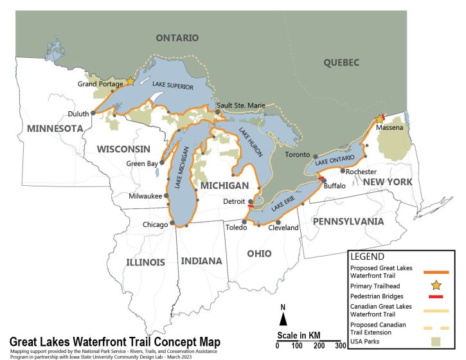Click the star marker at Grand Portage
[130, 82]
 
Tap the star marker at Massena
[379, 119]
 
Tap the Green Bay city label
[141, 163]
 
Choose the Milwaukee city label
[145, 195]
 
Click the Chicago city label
[155, 224]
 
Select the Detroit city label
[234, 202]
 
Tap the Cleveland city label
[283, 228]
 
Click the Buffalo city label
[335, 186]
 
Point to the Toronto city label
[297, 156]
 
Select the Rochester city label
[361, 172]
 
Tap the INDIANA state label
[201, 261]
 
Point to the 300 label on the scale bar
[332, 346]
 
